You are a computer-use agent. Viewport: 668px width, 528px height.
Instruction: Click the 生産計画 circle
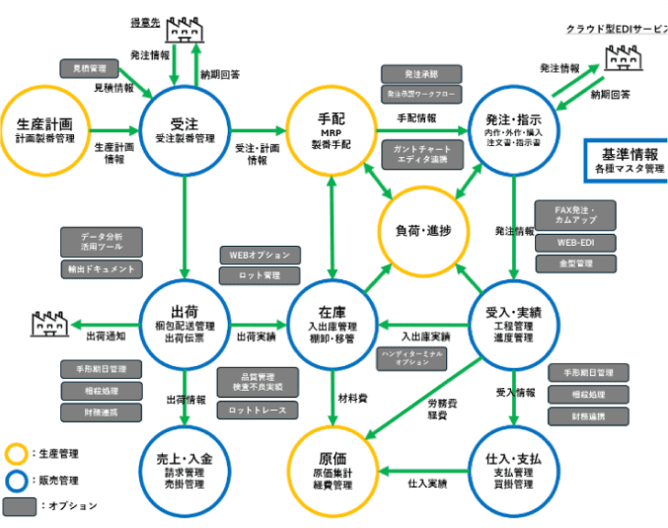point(45,130)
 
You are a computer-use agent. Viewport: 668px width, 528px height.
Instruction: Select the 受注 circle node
point(185,130)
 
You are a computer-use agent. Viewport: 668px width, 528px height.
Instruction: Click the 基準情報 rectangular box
point(626,160)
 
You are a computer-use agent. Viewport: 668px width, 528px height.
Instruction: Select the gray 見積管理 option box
point(90,68)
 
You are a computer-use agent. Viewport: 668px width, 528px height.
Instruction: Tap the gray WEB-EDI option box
point(574,243)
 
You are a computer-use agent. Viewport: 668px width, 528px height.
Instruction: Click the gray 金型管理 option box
point(574,264)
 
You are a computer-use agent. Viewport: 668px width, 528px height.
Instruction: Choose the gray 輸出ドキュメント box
point(100,268)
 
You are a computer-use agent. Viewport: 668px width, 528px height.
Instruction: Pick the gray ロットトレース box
point(256,409)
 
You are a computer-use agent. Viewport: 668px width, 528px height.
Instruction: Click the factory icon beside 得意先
point(184,31)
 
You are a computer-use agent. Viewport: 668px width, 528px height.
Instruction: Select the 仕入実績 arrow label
point(427,484)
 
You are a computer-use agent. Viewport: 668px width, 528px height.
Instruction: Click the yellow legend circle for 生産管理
point(16,454)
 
